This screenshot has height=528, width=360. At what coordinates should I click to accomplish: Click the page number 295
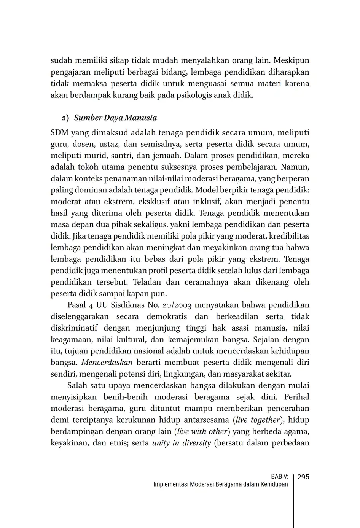coord(303,477)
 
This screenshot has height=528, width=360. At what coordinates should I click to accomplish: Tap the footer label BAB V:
coord(279,477)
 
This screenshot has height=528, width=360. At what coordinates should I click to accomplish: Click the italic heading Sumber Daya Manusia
coord(115,118)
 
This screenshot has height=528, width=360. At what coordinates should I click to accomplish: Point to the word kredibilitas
coord(289,236)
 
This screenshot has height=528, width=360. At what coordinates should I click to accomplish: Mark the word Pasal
coord(78,305)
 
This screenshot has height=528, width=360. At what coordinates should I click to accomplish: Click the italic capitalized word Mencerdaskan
coord(107,362)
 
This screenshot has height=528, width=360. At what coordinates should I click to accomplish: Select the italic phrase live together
coord(258,420)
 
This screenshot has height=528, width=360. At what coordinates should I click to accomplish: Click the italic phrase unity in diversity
coord(181,443)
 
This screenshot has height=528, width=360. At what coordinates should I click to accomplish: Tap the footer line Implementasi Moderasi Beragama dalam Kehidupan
coord(220,484)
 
